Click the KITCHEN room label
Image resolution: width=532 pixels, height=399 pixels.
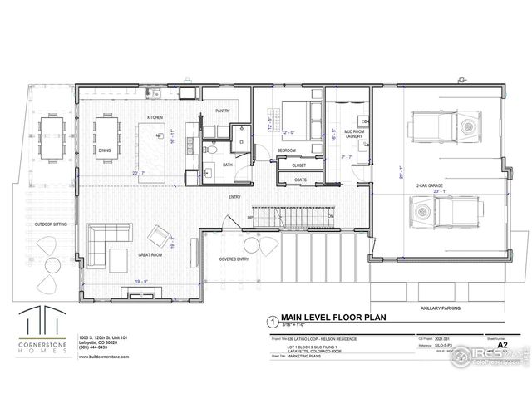tap(155, 117)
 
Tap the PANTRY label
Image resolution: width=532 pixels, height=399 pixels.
tap(222, 111)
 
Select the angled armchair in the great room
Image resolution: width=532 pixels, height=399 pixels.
tap(160, 238)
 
